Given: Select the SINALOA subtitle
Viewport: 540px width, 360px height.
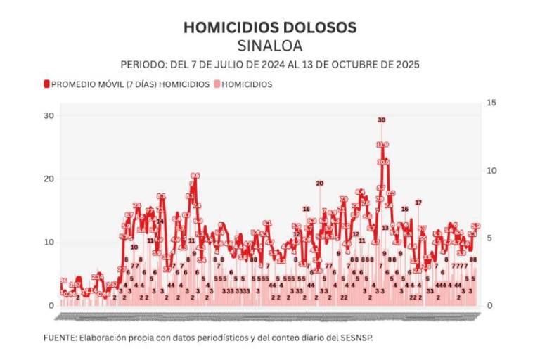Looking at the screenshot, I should click(x=270, y=46).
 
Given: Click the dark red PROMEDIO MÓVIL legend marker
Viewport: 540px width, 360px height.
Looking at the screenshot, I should click(x=46, y=84).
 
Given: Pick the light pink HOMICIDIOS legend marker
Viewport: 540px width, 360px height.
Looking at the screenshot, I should click(x=217, y=84).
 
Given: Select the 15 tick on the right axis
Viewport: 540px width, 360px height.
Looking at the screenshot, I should click(x=491, y=103).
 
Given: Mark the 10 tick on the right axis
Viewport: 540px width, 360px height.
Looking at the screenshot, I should click(x=491, y=171).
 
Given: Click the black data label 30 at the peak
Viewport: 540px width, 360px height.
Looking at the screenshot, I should click(x=382, y=120).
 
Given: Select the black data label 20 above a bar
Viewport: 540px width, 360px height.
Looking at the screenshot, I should click(x=320, y=184).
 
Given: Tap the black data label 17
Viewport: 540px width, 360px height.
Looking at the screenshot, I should click(x=418, y=202).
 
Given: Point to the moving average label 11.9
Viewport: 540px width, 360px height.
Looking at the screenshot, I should click(x=382, y=145).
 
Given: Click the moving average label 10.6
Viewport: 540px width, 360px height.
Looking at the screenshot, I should click(x=383, y=162).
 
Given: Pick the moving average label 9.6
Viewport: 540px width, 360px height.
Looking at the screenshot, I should click(x=195, y=176).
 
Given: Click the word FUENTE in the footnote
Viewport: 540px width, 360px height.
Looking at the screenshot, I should click(x=60, y=338).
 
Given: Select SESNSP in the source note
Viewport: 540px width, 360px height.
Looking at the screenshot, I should click(x=357, y=338).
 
